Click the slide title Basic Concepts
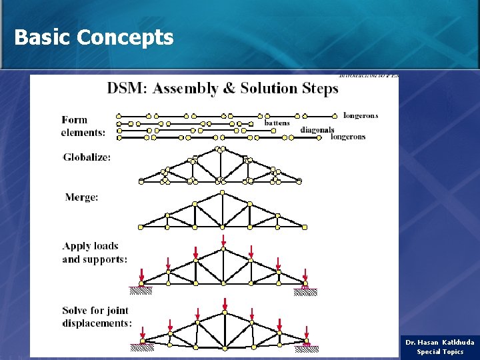point(93,37)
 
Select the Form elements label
point(83,126)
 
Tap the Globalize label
point(87,157)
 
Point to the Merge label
point(81,197)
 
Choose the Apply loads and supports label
point(94,253)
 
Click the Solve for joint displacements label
point(96,317)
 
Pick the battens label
point(277,123)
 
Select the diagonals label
point(317,129)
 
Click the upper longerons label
point(360,115)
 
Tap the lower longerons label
point(348,137)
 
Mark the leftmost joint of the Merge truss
point(141,227)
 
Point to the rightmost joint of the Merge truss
point(305,227)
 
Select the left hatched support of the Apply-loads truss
point(141,290)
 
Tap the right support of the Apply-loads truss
point(305,289)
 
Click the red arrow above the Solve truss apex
point(225,304)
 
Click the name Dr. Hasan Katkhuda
point(439,343)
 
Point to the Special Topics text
point(440,352)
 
